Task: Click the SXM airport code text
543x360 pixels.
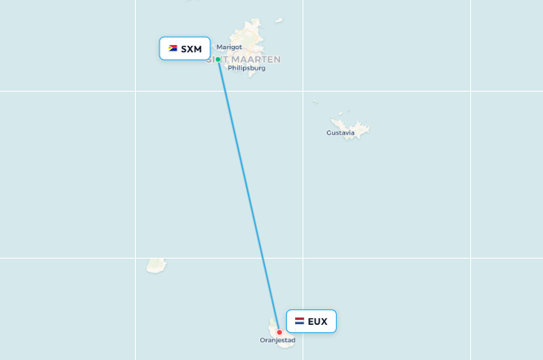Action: coord(191,49)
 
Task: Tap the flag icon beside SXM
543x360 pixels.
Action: coord(173,48)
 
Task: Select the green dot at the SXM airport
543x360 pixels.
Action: coord(218,59)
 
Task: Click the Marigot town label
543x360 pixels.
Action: coord(229,47)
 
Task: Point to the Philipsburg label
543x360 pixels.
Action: coord(248,68)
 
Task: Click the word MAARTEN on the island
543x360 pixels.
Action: coord(255,59)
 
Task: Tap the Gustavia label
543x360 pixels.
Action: coord(340,133)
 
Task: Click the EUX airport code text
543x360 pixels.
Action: coord(317,322)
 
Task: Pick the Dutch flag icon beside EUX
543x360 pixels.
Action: coord(299,322)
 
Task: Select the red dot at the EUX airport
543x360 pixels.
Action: coord(280,332)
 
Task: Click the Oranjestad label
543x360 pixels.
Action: coord(277,340)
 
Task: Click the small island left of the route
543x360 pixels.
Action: coord(156,266)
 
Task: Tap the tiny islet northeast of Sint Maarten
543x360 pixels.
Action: coord(279,20)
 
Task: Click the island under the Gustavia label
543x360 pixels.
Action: coord(358,128)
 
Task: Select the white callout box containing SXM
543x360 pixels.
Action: coord(185,49)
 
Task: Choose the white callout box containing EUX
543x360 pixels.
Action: coord(311,322)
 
